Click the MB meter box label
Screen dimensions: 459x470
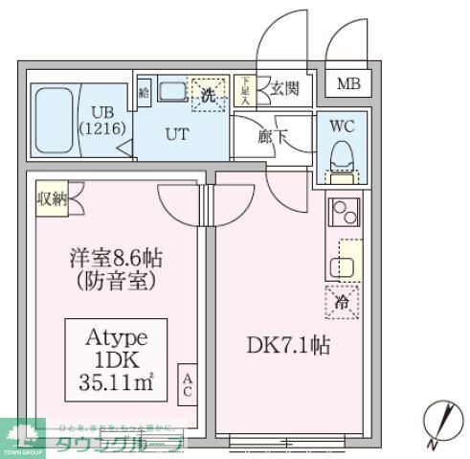[348, 83]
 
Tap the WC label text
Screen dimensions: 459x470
[342, 125]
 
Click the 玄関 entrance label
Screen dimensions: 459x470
[284, 90]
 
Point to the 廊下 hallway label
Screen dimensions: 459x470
[273, 136]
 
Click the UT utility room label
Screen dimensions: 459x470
[177, 134]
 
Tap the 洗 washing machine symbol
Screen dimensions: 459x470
[208, 93]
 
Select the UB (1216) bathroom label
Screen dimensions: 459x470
[96, 118]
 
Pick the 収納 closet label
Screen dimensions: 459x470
[52, 199]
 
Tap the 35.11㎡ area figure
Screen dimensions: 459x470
[115, 387]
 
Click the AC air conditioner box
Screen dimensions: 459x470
[188, 385]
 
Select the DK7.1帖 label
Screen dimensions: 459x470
[290, 346]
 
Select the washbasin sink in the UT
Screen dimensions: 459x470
[172, 92]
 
